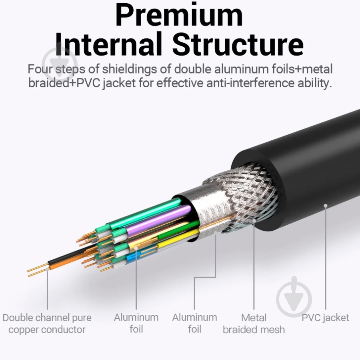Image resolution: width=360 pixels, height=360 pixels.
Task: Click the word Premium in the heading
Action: pos(179,16)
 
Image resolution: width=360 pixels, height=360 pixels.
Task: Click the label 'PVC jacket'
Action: pos(325,318)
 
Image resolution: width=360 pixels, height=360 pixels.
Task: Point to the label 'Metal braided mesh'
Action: pos(254,324)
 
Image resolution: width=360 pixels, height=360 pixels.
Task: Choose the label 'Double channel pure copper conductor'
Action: pos(47,324)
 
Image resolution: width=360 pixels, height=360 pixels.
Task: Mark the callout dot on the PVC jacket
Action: pos(325,206)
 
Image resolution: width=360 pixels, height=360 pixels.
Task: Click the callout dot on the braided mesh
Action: pos(254,221)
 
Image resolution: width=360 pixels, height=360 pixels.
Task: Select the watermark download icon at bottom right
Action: pos(294,295)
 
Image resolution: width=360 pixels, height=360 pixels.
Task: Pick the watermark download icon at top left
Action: pos(60,62)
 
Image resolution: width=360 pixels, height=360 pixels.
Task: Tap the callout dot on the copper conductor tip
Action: pos(47,269)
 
